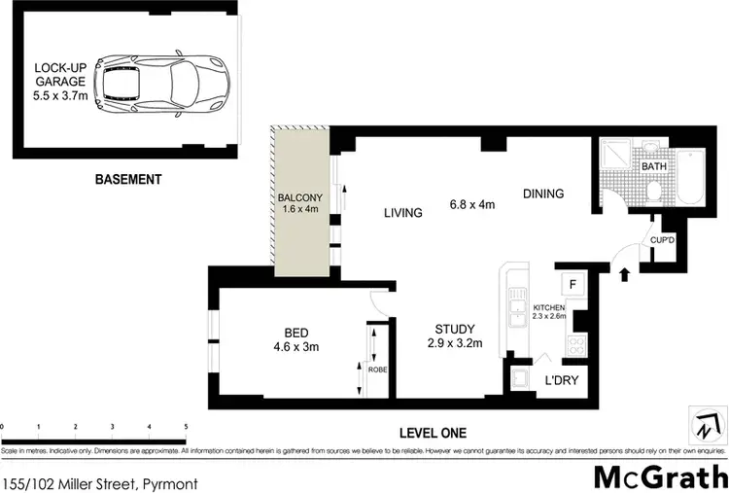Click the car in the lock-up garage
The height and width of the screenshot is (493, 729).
[166, 83]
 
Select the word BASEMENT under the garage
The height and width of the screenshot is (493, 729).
[127, 180]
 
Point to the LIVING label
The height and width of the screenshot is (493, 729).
[402, 213]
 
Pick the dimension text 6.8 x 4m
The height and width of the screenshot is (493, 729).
[472, 204]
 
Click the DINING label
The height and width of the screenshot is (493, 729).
[542, 194]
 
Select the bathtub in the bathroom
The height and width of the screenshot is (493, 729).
[694, 177]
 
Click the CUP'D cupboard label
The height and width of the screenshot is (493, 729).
[662, 239]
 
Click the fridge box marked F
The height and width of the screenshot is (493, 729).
[573, 285]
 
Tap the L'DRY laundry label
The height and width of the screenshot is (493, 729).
[561, 380]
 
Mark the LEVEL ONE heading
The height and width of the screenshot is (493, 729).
[433, 433]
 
